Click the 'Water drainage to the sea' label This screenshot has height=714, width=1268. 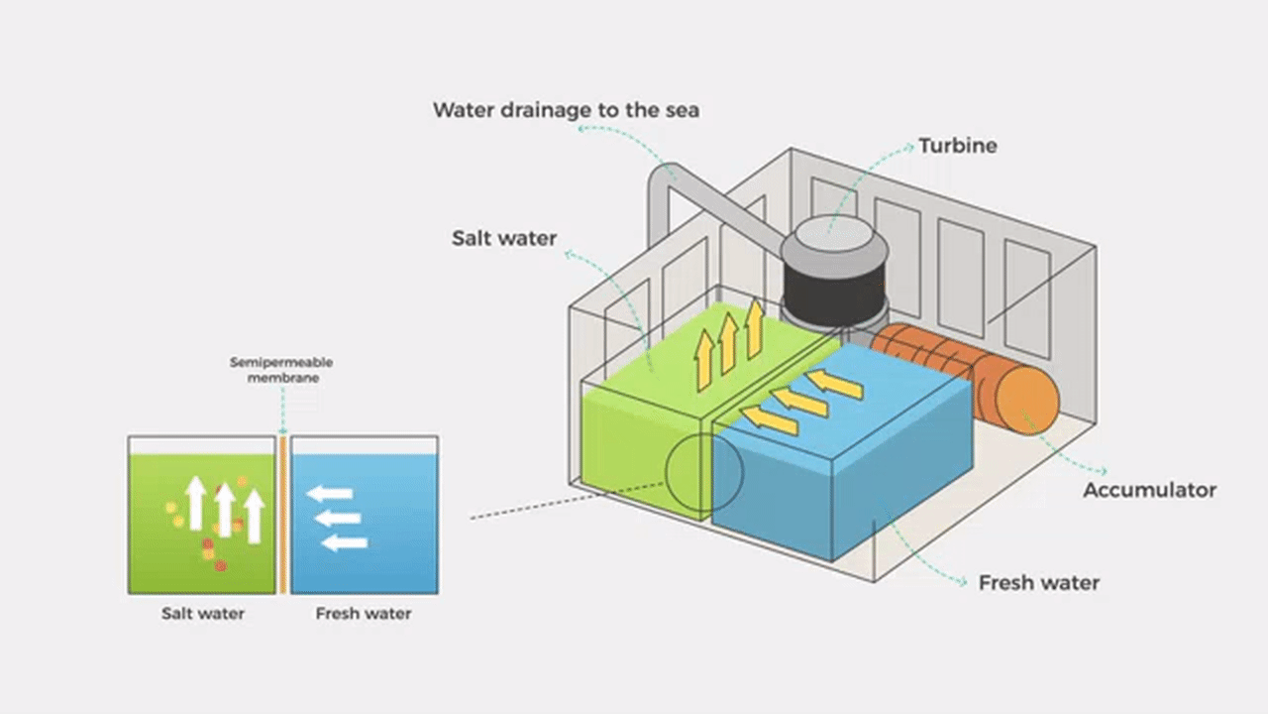[566, 109]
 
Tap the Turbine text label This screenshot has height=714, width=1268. [957, 146]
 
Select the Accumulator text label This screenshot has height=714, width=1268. [1149, 490]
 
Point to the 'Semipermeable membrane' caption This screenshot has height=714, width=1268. [282, 370]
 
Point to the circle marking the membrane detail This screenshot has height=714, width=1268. [703, 472]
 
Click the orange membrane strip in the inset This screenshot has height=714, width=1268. [282, 516]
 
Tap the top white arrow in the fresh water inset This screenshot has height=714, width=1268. [330, 493]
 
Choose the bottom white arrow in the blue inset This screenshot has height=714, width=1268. [345, 541]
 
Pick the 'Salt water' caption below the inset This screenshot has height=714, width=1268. [202, 614]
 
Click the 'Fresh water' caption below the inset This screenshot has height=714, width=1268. [363, 614]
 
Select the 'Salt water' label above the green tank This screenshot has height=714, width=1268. [504, 238]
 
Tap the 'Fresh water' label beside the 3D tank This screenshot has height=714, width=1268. [1038, 582]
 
